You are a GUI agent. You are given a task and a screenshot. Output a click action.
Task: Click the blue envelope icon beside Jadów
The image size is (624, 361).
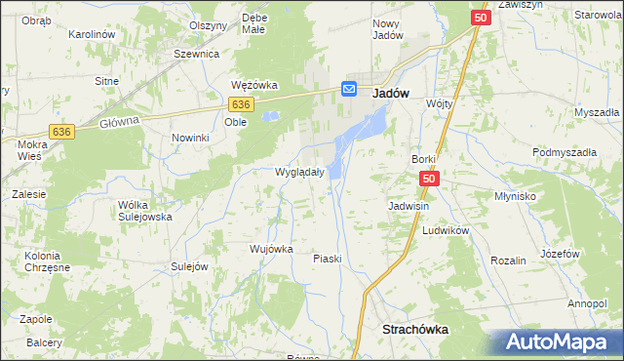350,89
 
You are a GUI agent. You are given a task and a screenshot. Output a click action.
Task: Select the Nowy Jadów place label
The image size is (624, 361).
388,28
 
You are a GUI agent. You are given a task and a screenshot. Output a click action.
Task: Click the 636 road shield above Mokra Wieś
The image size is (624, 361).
63,132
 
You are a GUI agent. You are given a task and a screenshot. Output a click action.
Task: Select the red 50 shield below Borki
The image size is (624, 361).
431,179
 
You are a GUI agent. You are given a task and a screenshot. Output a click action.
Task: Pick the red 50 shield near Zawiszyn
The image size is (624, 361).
481,18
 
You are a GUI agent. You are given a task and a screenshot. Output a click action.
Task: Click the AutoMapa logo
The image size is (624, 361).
556,342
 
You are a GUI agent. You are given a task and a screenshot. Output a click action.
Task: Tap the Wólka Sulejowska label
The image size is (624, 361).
144,211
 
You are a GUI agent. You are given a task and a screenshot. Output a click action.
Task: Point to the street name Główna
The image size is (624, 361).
120,121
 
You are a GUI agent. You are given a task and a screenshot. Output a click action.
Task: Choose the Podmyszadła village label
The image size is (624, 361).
564,153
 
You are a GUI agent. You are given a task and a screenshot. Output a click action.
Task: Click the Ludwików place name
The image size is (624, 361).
447,230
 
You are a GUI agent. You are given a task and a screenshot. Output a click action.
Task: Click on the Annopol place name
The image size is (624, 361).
587,303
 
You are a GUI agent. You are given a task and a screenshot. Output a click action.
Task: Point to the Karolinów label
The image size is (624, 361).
93,34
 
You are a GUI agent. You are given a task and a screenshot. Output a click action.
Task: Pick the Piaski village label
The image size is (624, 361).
327,259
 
